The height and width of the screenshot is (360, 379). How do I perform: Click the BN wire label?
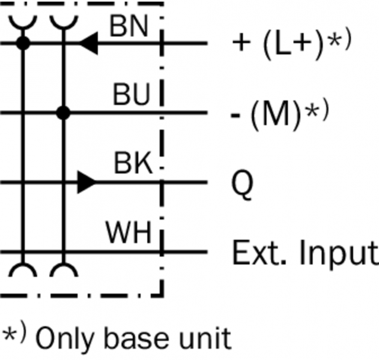(x=129, y=26)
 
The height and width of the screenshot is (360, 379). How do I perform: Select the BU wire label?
(x=130, y=96)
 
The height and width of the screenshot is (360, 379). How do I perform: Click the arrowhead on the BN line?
(x=88, y=43)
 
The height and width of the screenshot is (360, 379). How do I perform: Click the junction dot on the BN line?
(x=23, y=43)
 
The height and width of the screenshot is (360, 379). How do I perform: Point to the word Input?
(x=337, y=254)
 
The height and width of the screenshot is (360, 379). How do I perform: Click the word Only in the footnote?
(x=60, y=338)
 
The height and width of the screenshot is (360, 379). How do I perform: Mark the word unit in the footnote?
(x=208, y=338)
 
